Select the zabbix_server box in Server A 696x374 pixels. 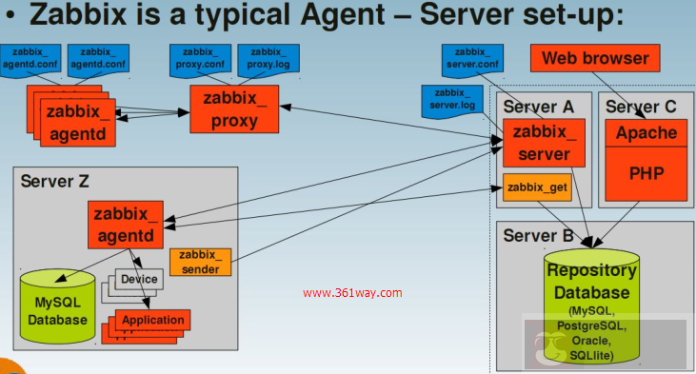[538, 143]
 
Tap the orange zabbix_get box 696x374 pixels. [538, 187]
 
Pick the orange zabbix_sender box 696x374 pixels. [200, 263]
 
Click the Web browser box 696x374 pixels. [595, 59]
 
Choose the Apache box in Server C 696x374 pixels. [646, 133]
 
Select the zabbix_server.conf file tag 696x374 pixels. [472, 59]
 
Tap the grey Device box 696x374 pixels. [140, 279]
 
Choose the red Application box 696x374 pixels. [152, 319]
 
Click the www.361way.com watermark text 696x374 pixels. [352, 293]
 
